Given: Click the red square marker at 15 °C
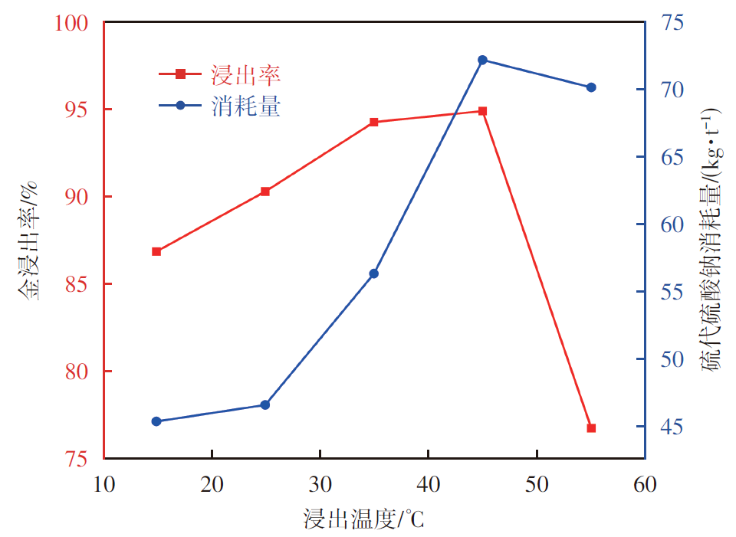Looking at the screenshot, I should (x=156, y=251).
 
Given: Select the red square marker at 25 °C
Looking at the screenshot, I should (x=265, y=192).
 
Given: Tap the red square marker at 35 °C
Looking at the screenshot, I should (x=374, y=123).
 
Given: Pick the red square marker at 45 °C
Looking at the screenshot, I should (x=482, y=111).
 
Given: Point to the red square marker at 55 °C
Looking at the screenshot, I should (x=591, y=427).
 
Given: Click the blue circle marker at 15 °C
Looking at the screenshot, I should (x=156, y=421).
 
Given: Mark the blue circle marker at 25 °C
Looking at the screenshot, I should (x=265, y=404).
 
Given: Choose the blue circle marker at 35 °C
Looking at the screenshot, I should (x=374, y=273).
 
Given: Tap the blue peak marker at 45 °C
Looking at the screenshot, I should (x=482, y=60).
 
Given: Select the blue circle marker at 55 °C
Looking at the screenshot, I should (x=591, y=87).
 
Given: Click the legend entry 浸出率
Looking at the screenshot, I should (x=245, y=74).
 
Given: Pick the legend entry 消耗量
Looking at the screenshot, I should (x=245, y=106).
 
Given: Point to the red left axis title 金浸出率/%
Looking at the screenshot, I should (x=29, y=241).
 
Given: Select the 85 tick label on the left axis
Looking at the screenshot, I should (x=77, y=284).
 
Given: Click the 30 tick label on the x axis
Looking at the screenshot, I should (x=320, y=485).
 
